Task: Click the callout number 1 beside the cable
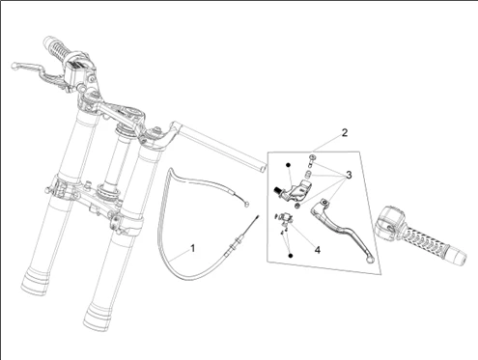[x=192, y=248]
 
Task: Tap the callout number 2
[x=345, y=132]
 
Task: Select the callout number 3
[x=349, y=175]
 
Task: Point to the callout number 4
[x=318, y=250]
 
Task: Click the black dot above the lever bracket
[x=288, y=165]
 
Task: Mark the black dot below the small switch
[x=291, y=256]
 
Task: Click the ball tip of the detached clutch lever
[x=371, y=260]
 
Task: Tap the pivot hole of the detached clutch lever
[x=324, y=202]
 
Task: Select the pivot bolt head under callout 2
[x=312, y=157]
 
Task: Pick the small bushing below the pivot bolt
[x=308, y=176]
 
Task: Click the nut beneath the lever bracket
[x=297, y=206]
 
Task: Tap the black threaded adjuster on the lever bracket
[x=276, y=190]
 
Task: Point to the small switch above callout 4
[x=286, y=216]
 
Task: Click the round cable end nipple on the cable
[x=247, y=204]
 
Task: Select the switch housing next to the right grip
[x=388, y=223]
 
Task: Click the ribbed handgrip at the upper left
[x=59, y=50]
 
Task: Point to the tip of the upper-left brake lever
[x=14, y=66]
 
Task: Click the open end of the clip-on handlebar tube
[x=264, y=168]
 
